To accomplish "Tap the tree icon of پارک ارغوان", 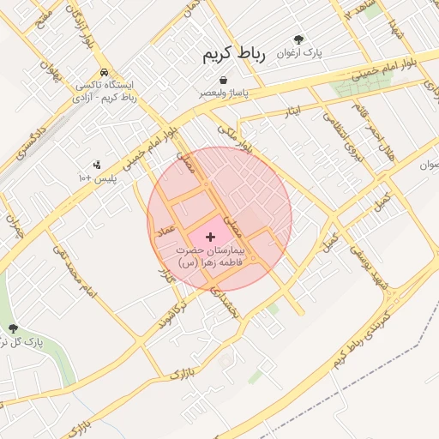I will click(x=298, y=39).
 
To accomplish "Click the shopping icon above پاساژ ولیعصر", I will click(x=223, y=80).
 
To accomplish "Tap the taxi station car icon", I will click(x=103, y=73).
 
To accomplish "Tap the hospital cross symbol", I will click(x=211, y=236).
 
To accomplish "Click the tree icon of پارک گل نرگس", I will click(x=12, y=328).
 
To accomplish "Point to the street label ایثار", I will click(x=293, y=111).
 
